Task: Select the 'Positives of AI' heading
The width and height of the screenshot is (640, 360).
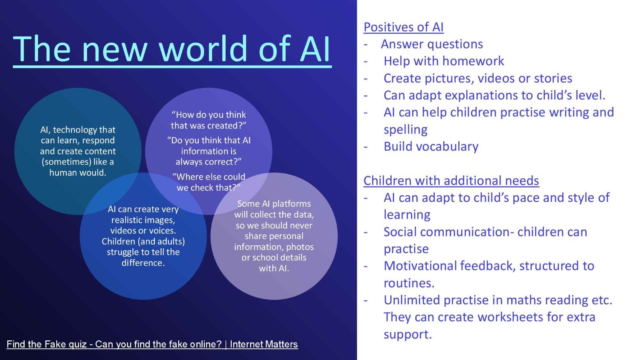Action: tap(404, 27)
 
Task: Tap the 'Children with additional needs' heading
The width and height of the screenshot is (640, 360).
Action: tap(451, 180)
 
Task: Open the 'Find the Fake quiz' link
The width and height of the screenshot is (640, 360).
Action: tap(152, 344)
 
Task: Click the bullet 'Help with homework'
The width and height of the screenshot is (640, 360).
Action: tap(444, 61)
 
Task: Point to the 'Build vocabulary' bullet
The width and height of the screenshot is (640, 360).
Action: tap(431, 147)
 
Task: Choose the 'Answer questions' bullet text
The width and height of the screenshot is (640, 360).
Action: tap(432, 44)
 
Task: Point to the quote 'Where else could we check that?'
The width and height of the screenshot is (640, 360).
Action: tap(209, 182)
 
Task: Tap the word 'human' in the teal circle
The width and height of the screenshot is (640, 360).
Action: tap(61, 173)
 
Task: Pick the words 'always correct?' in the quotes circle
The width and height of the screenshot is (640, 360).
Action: tap(209, 162)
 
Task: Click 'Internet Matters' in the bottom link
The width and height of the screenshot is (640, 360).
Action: tap(264, 344)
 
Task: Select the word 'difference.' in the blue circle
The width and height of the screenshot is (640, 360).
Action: tap(143, 263)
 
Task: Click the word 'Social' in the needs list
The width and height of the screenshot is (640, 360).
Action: tap(400, 232)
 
